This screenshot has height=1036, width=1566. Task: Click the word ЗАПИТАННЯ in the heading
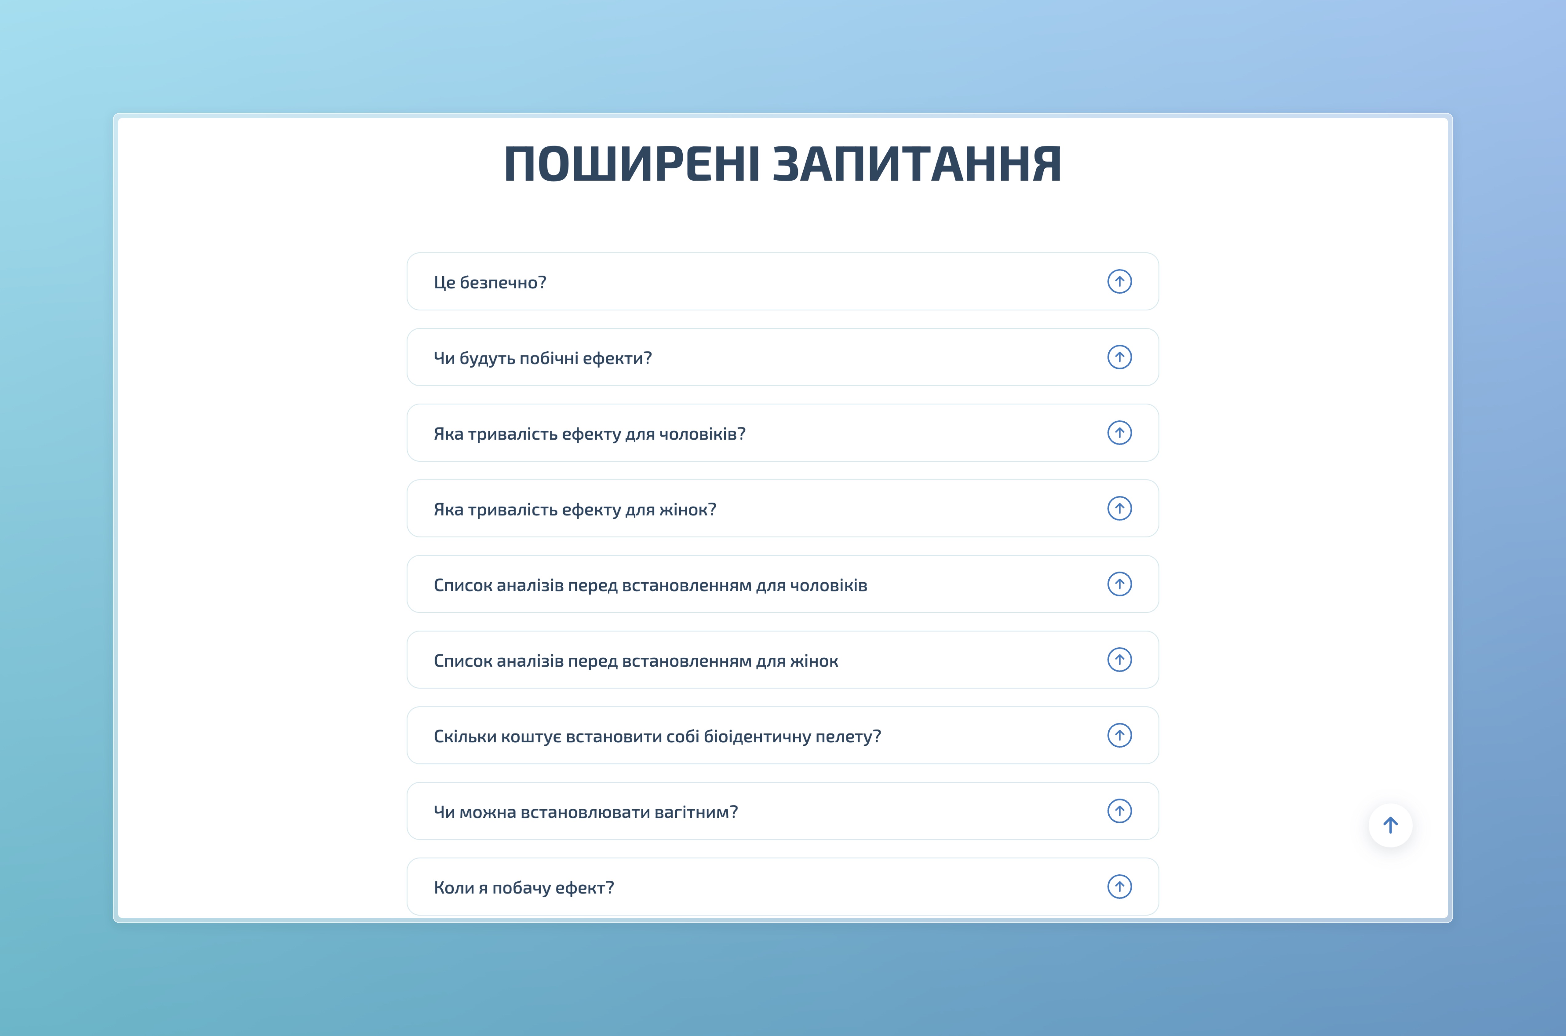click(917, 164)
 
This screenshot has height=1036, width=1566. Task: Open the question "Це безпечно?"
click(490, 282)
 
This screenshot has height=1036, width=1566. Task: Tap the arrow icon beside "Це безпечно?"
click(1119, 281)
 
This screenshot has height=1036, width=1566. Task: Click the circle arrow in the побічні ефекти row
click(1119, 357)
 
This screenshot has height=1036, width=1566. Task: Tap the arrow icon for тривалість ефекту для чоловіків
click(1119, 433)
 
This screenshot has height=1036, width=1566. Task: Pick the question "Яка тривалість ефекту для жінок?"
click(575, 509)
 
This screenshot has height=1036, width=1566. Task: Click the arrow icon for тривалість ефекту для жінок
click(1119, 508)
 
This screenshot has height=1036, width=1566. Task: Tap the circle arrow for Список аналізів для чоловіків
click(1119, 584)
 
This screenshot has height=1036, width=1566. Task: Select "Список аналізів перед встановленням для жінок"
click(636, 661)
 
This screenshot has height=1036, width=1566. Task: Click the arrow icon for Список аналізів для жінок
click(1119, 659)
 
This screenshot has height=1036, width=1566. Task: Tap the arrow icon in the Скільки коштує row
click(1119, 735)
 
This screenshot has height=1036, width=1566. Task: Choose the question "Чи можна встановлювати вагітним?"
click(585, 812)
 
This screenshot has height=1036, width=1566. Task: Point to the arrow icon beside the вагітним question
click(1119, 811)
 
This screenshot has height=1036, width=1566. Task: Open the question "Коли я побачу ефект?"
click(523, 887)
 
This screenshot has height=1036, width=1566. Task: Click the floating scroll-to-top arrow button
click(1390, 825)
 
